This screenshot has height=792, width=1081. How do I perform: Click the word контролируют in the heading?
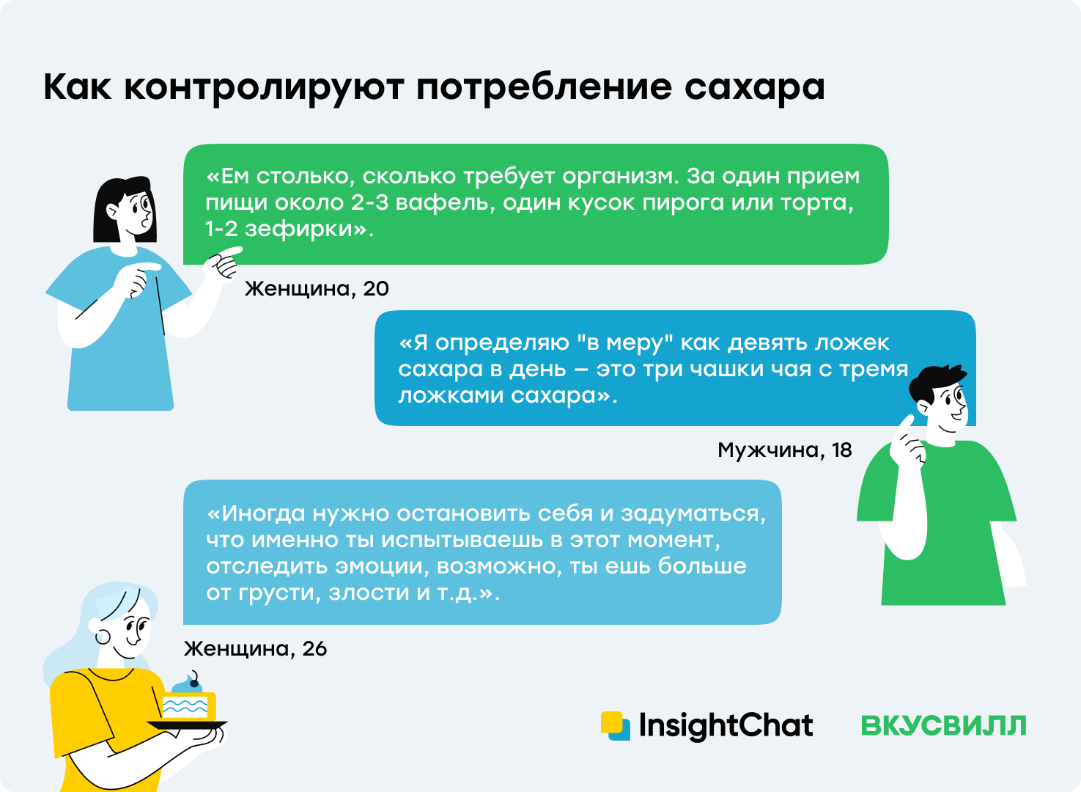pyautogui.click(x=264, y=89)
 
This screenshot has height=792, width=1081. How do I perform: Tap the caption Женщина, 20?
pyautogui.click(x=317, y=289)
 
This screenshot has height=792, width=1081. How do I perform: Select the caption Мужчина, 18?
pyautogui.click(x=785, y=450)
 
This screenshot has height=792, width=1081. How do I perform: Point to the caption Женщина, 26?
pyautogui.click(x=255, y=648)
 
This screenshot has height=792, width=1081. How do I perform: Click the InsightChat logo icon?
pyautogui.click(x=616, y=726)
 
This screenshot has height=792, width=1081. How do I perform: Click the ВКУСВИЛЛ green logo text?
pyautogui.click(x=943, y=726)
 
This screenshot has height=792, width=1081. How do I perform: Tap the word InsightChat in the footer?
pyautogui.click(x=726, y=726)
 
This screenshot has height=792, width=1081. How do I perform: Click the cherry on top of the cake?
pyautogui.click(x=194, y=683)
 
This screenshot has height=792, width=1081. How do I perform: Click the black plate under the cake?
pyautogui.click(x=187, y=725)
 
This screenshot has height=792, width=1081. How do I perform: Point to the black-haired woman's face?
pyautogui.click(x=138, y=213)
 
